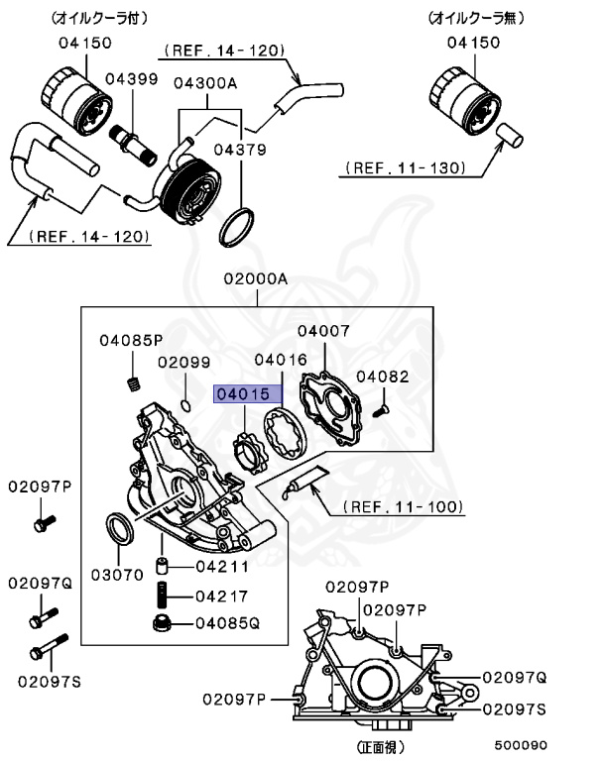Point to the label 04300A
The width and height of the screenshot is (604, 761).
(205, 83)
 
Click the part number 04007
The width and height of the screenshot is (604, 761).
(322, 330)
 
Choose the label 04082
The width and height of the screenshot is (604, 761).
(382, 377)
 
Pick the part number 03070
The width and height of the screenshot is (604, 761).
(118, 574)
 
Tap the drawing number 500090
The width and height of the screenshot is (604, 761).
(523, 745)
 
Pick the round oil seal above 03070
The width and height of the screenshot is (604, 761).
(120, 529)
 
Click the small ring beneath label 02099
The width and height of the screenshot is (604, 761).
(186, 404)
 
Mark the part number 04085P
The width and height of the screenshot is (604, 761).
(130, 341)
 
